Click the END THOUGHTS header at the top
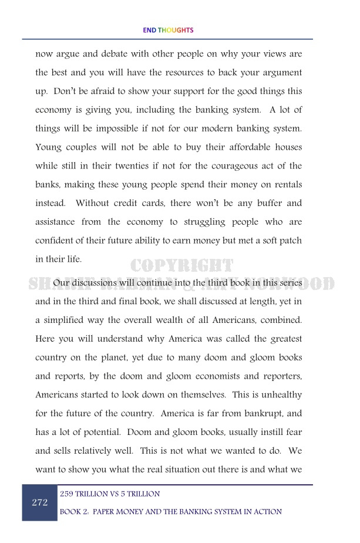point(167,30)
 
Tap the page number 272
point(39,502)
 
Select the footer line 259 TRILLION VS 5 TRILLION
point(110,494)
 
